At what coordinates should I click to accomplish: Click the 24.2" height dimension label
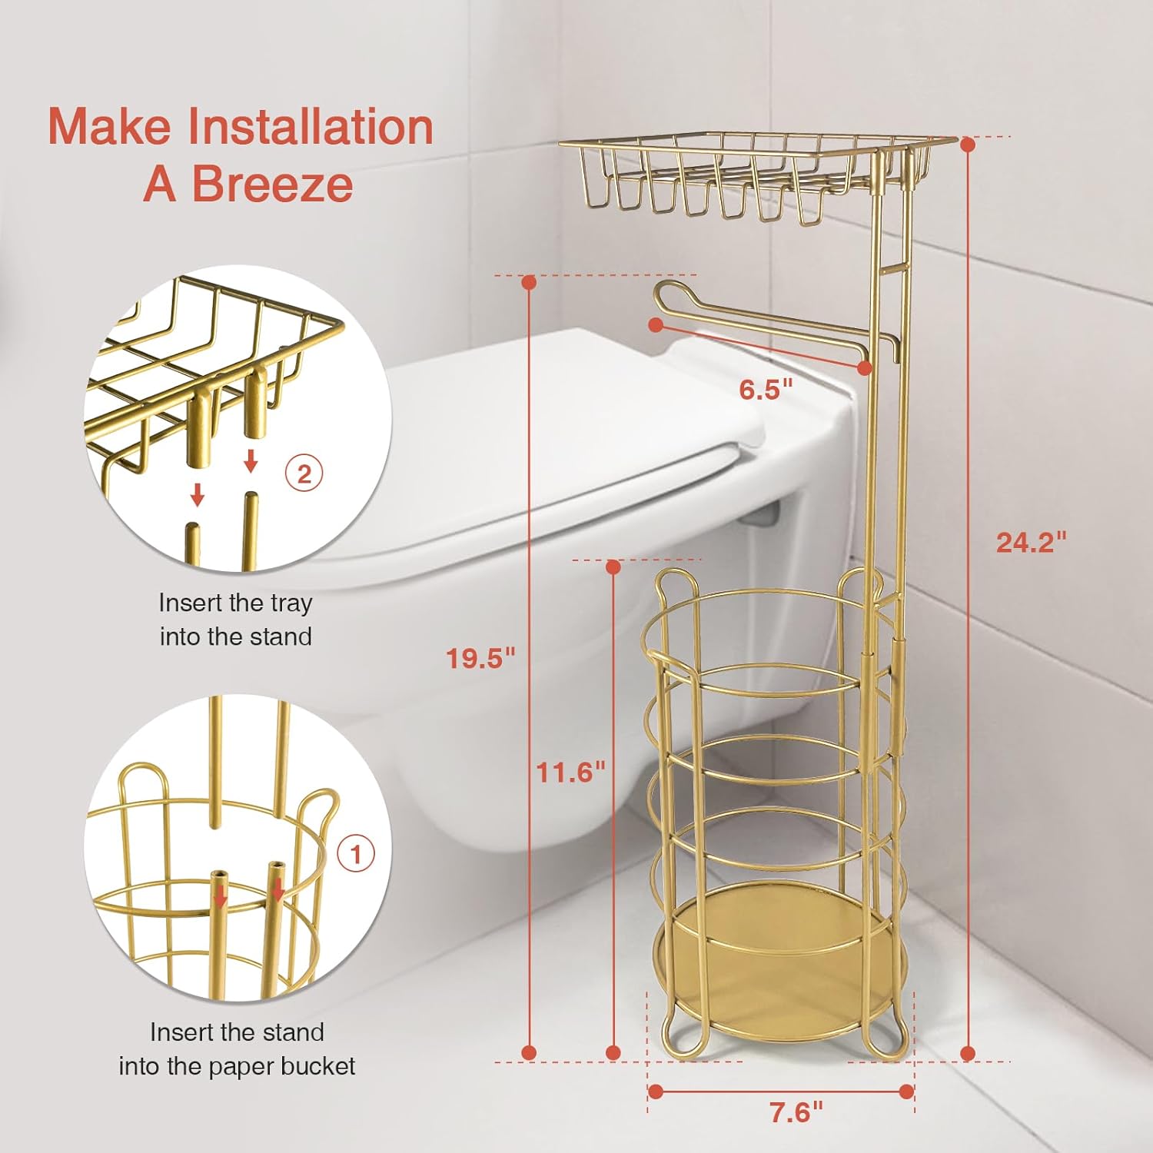click(1031, 542)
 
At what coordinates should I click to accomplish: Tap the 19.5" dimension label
click(480, 658)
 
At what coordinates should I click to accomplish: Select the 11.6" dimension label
click(570, 771)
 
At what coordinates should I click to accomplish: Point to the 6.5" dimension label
click(765, 390)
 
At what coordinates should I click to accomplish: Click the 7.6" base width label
click(796, 1111)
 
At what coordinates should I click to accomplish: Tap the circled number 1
click(356, 854)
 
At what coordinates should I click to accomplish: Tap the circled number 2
click(304, 474)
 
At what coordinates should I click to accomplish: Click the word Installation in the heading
click(311, 126)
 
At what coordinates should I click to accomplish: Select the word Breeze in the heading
click(272, 184)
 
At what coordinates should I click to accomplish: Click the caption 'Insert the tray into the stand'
click(235, 620)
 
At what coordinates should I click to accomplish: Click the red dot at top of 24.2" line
click(968, 144)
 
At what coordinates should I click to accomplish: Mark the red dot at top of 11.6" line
click(613, 567)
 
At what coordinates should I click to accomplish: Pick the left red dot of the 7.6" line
click(655, 1092)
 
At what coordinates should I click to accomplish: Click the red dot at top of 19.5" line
click(528, 282)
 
